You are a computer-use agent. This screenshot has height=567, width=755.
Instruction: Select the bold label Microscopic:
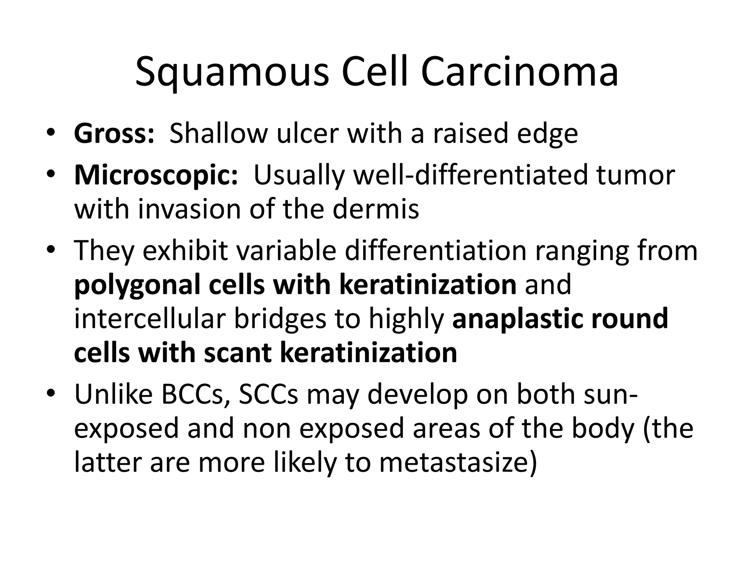click(x=156, y=175)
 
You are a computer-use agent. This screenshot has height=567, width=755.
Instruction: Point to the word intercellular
click(x=149, y=319)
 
